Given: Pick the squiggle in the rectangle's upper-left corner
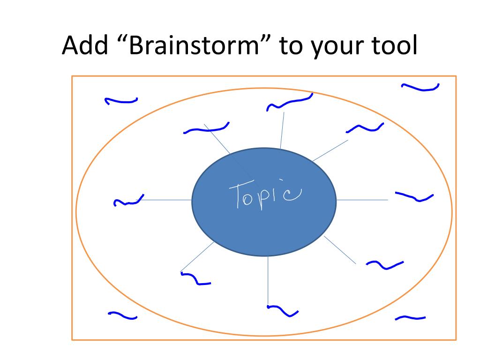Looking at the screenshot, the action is [121, 100].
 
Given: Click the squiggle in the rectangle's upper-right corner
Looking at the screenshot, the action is [420, 87].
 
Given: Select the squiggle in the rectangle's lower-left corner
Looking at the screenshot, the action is [122, 315].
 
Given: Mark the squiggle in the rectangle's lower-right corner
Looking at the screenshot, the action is [410, 318].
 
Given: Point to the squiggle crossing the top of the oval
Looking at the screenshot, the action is [289, 102].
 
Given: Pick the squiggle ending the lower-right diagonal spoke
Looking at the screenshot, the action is [384, 265].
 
